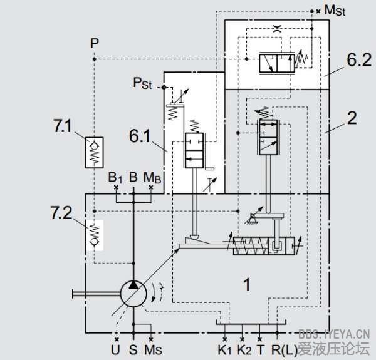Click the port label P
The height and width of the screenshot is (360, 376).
(94, 43)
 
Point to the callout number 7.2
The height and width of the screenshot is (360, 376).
(62, 214)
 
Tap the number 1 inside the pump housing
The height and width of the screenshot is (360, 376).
(246, 285)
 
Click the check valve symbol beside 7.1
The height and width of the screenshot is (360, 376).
(95, 150)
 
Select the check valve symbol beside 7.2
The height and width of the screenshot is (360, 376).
(95, 235)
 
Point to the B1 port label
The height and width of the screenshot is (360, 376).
(115, 177)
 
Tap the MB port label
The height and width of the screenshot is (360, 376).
(152, 177)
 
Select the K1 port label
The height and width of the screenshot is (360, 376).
(224, 348)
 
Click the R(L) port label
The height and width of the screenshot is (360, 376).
(281, 348)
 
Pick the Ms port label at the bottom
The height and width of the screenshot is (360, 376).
(154, 348)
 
